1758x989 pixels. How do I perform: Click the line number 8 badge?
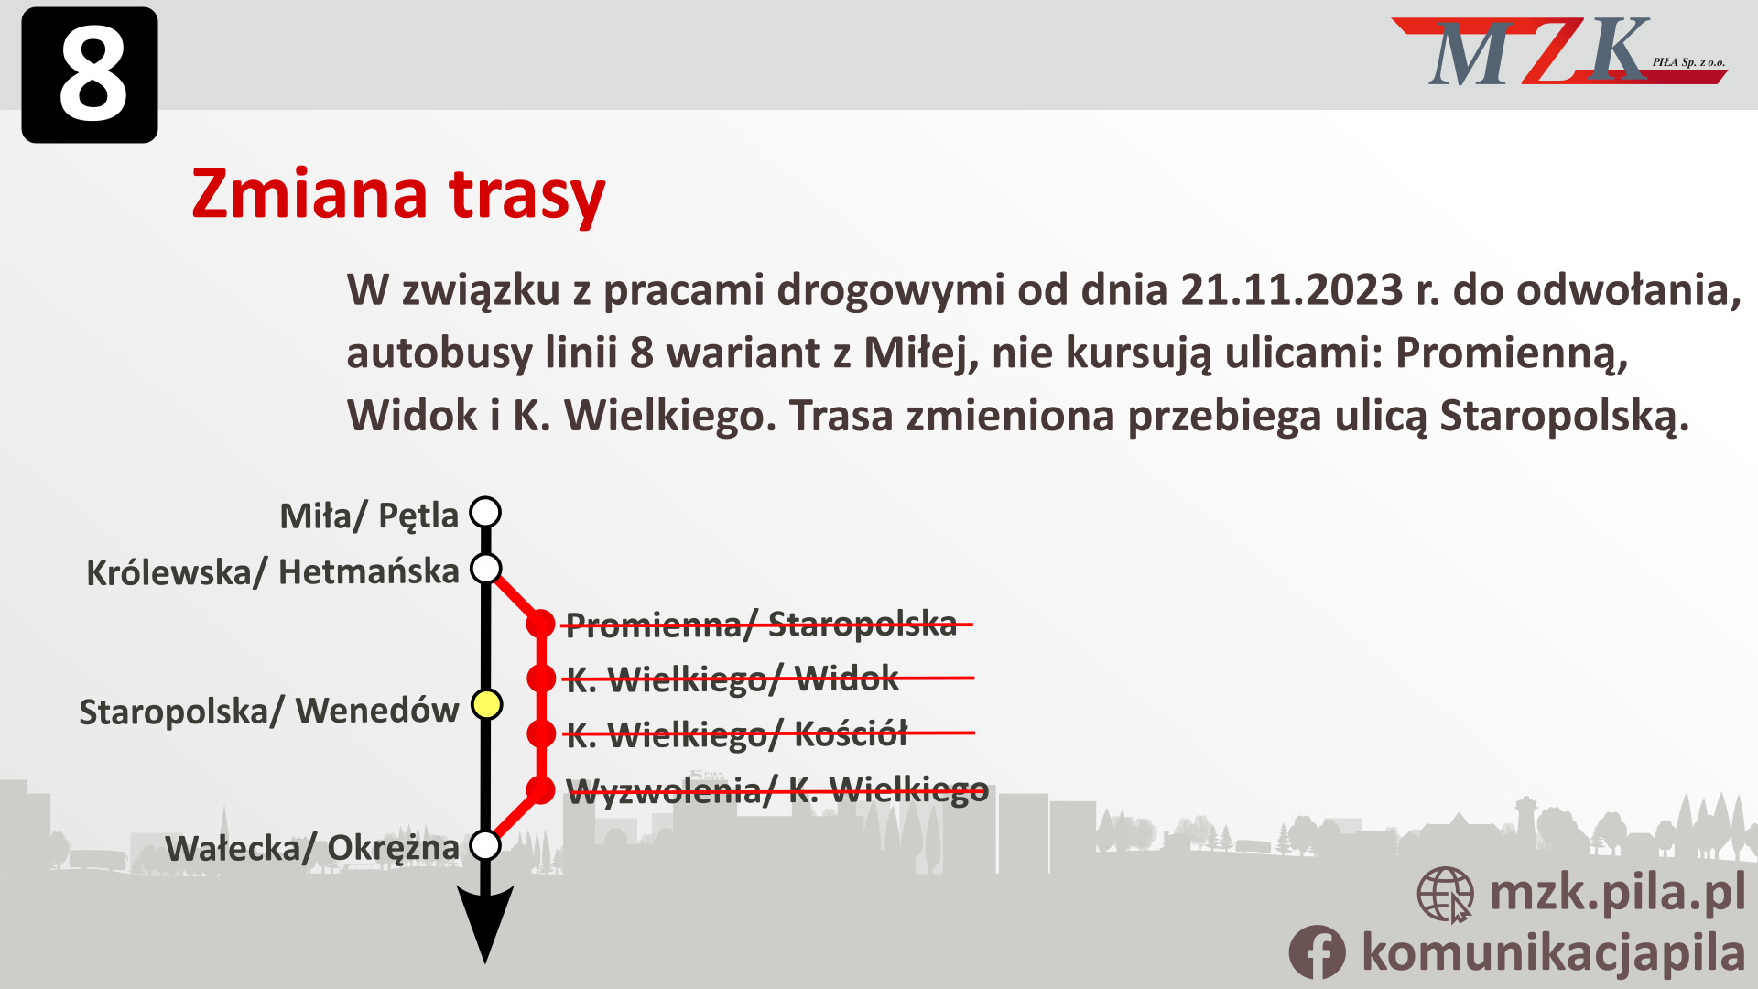tap(90, 75)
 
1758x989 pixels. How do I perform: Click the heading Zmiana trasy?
tap(398, 194)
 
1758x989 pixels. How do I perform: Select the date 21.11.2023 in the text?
tap(1291, 290)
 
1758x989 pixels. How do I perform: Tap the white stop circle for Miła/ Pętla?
tap(485, 512)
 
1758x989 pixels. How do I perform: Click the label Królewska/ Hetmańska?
tap(273, 572)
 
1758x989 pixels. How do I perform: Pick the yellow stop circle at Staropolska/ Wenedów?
tap(486, 704)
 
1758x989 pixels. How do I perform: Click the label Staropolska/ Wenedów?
tap(268, 712)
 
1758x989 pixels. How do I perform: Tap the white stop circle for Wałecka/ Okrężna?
tap(485, 844)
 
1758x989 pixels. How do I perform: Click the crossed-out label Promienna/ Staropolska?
tap(761, 625)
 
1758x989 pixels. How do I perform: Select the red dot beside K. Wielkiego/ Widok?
tap(541, 679)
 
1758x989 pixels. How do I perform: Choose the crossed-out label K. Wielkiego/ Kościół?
tap(736, 734)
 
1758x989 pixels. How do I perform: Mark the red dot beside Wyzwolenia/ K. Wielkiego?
tap(541, 789)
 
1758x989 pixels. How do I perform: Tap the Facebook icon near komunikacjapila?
tap(1317, 952)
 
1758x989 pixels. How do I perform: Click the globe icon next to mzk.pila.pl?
tap(1445, 894)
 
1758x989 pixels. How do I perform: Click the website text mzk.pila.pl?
tap(1617, 892)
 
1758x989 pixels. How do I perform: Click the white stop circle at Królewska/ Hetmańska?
tap(485, 569)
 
